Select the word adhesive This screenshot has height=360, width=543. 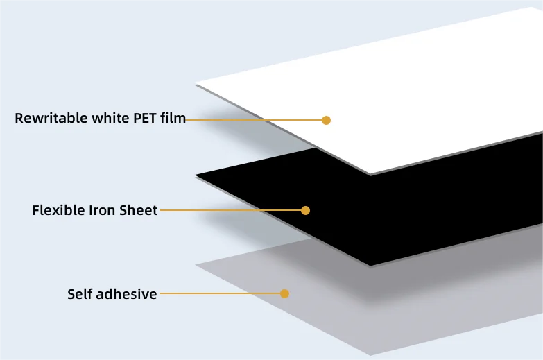[x=127, y=293]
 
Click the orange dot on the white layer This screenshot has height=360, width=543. [x=326, y=120]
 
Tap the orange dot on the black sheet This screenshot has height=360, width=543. [x=305, y=210]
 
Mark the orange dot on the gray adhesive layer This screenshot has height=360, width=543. [x=284, y=293]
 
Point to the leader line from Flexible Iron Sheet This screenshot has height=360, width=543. [x=229, y=210]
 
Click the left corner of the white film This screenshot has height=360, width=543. [x=196, y=85]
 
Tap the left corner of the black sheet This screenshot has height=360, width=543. [x=196, y=175]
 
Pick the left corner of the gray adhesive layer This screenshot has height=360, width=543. [x=196, y=265]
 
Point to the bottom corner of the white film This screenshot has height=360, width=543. [x=371, y=174]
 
